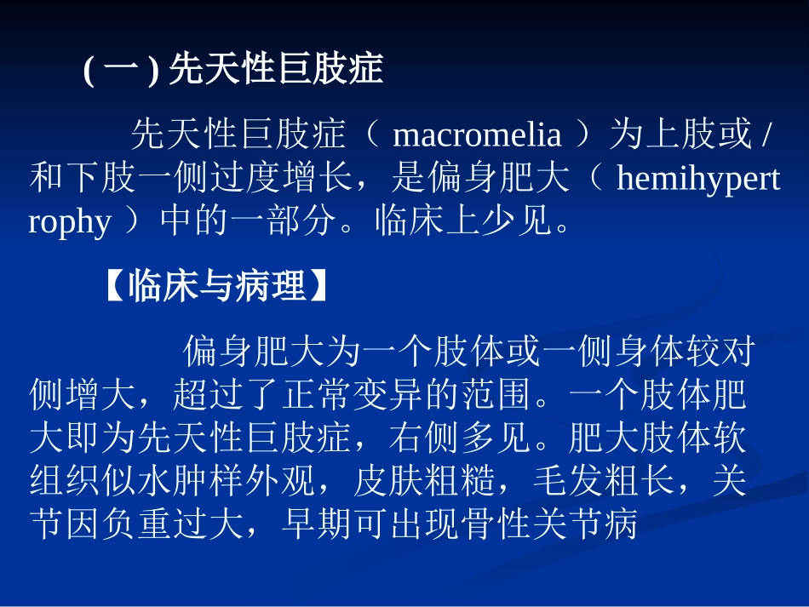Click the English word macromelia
pyautogui.click(x=477, y=135)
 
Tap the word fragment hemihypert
pyautogui.click(x=697, y=179)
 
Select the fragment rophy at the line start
pyautogui.click(x=70, y=222)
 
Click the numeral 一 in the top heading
pyautogui.click(x=124, y=69)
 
